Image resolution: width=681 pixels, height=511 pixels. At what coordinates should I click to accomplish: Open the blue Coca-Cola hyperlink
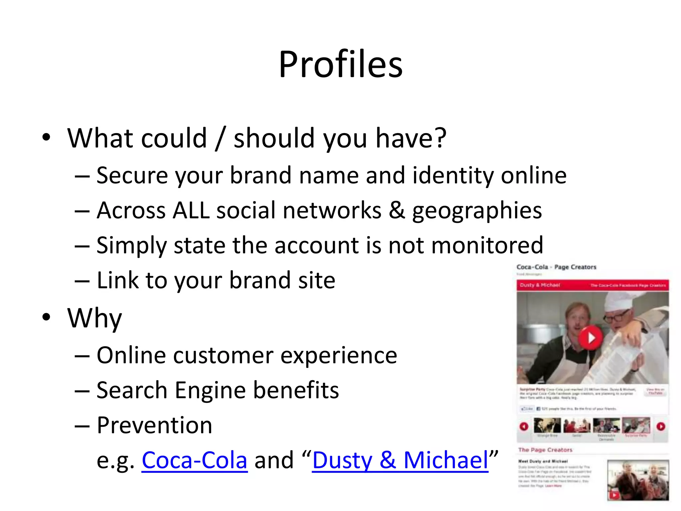195,460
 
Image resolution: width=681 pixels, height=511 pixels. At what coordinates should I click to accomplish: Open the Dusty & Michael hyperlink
400,460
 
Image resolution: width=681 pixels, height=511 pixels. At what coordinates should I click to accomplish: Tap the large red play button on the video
591,338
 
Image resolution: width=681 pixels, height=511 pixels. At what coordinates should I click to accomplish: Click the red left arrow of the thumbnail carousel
524,426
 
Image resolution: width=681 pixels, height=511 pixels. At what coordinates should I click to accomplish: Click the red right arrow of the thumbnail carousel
661,426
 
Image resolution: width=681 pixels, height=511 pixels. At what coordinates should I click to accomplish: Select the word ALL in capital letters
191,210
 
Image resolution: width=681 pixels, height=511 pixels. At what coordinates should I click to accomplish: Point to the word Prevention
154,425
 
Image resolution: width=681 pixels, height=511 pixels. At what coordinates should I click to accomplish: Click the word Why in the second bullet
94,318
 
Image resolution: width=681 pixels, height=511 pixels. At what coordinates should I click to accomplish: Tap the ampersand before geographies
397,210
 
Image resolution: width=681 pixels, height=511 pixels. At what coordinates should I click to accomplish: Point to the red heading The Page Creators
545,450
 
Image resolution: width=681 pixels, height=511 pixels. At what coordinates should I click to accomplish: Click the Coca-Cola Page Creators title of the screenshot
556,267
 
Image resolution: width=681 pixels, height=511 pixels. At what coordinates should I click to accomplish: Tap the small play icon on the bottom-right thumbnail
614,495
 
